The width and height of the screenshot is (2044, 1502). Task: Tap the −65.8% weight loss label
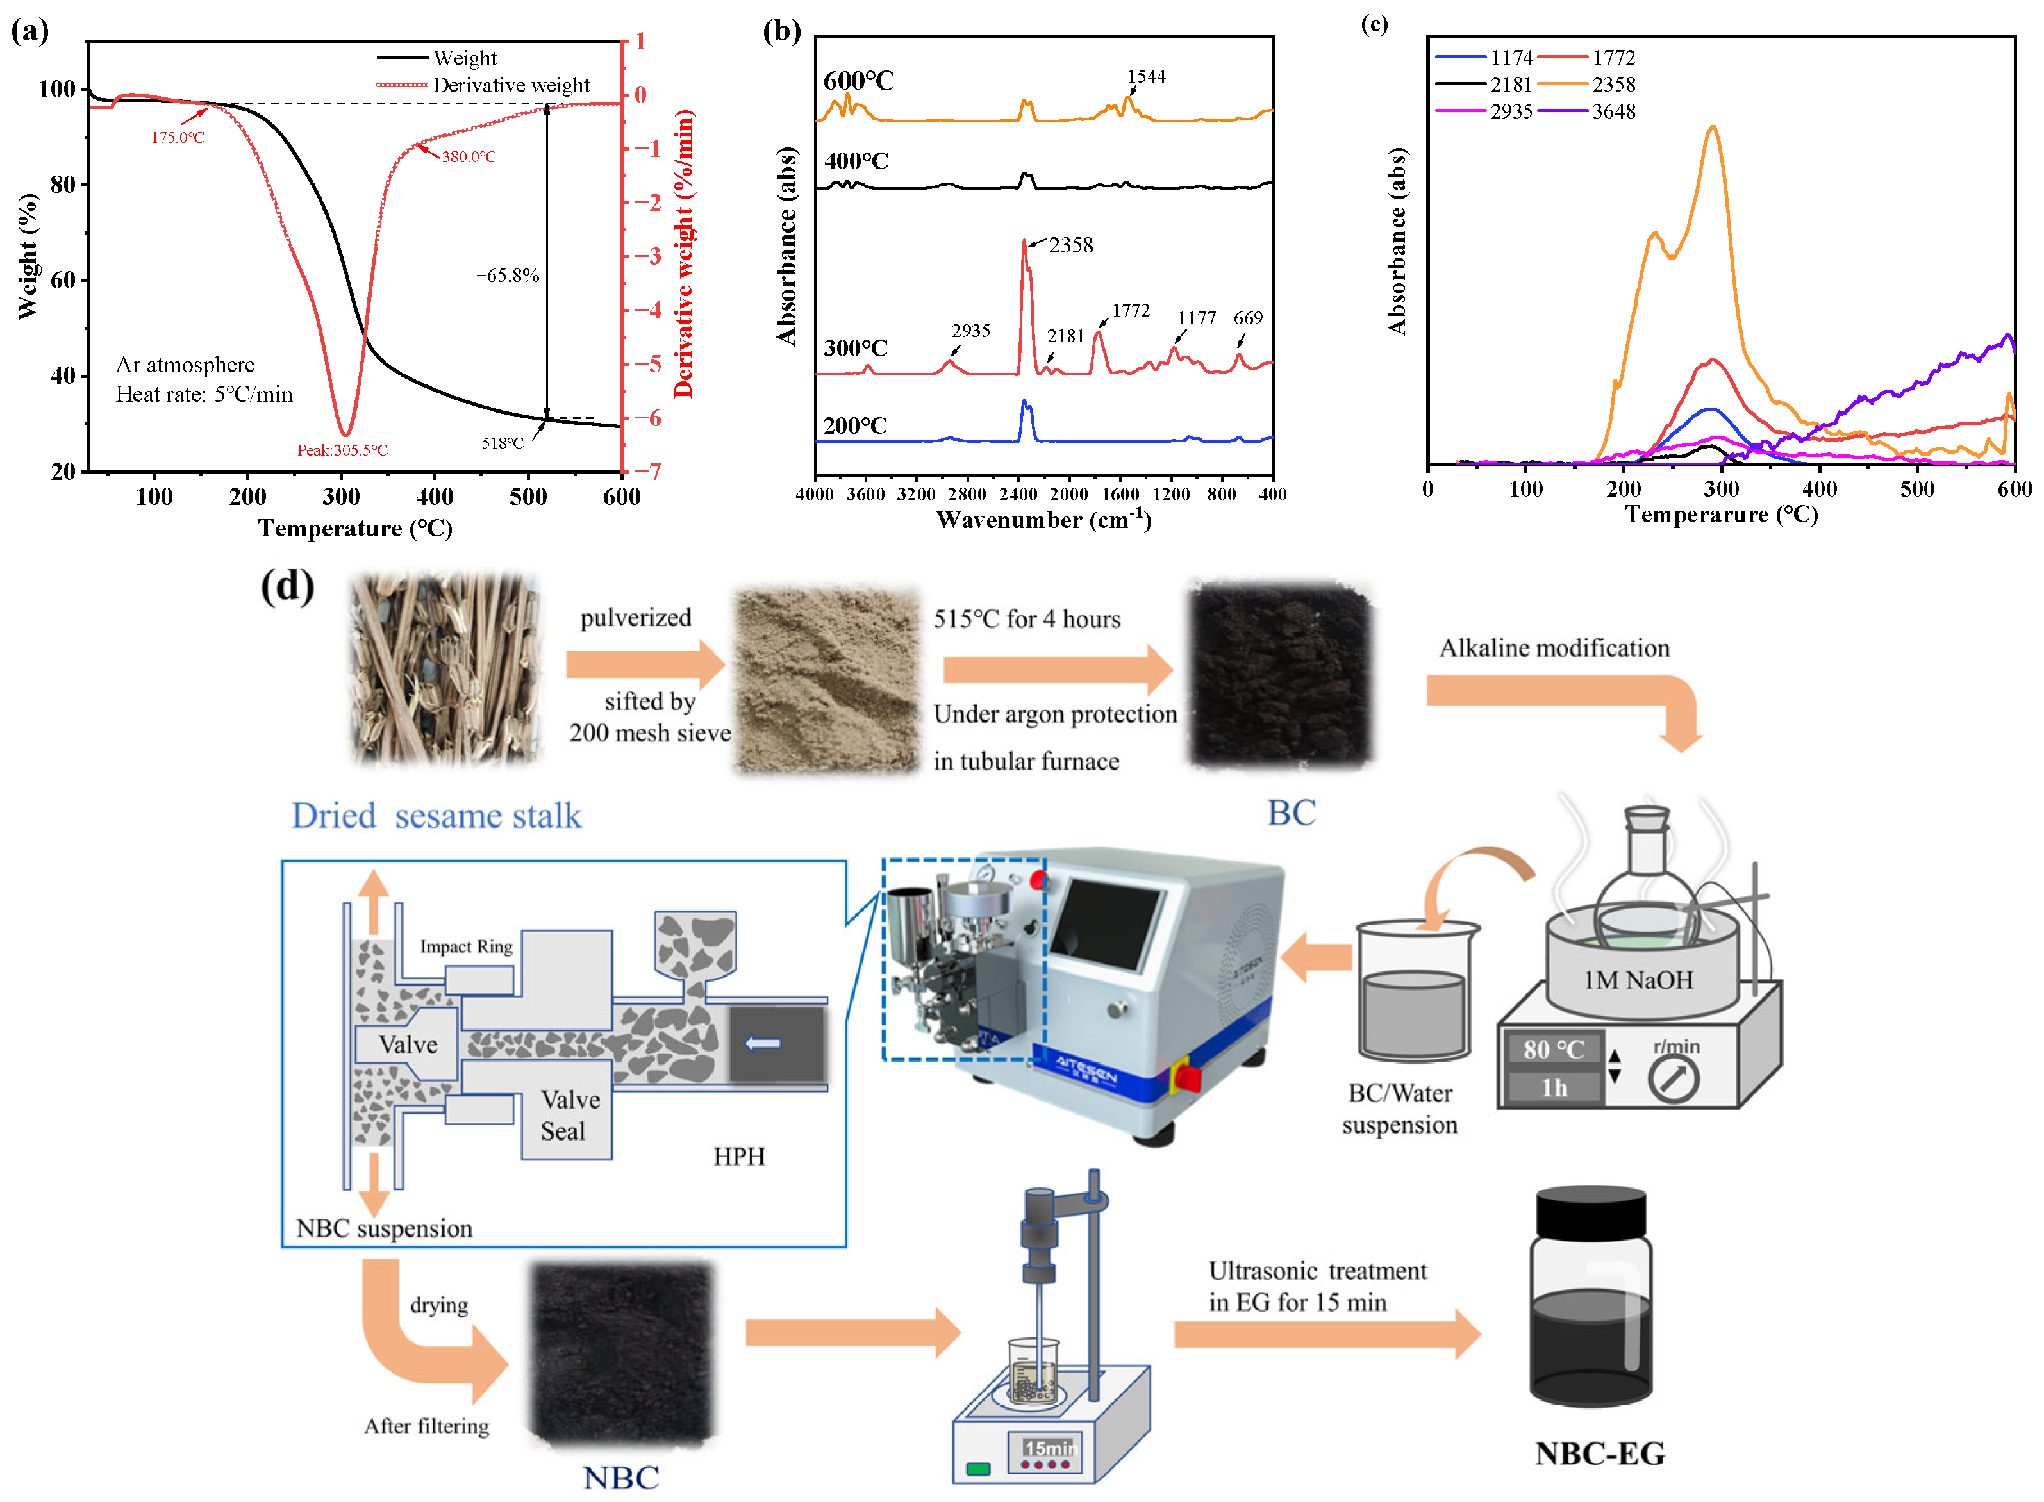[508, 276]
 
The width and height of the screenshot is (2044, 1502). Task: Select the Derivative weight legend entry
[510, 85]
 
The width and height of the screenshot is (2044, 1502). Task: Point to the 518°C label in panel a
[502, 443]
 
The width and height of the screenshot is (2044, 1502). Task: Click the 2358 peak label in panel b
[1070, 245]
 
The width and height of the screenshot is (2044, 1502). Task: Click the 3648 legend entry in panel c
[1612, 112]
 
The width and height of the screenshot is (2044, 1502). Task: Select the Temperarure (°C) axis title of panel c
[1720, 515]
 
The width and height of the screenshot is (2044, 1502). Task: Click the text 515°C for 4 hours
[1027, 619]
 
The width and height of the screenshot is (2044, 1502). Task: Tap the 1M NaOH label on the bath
[1638, 980]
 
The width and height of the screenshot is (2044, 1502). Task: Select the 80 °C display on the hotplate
[1553, 1049]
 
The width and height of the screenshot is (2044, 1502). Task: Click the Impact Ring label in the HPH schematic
[465, 946]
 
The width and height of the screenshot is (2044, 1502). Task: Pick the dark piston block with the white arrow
[776, 1044]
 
